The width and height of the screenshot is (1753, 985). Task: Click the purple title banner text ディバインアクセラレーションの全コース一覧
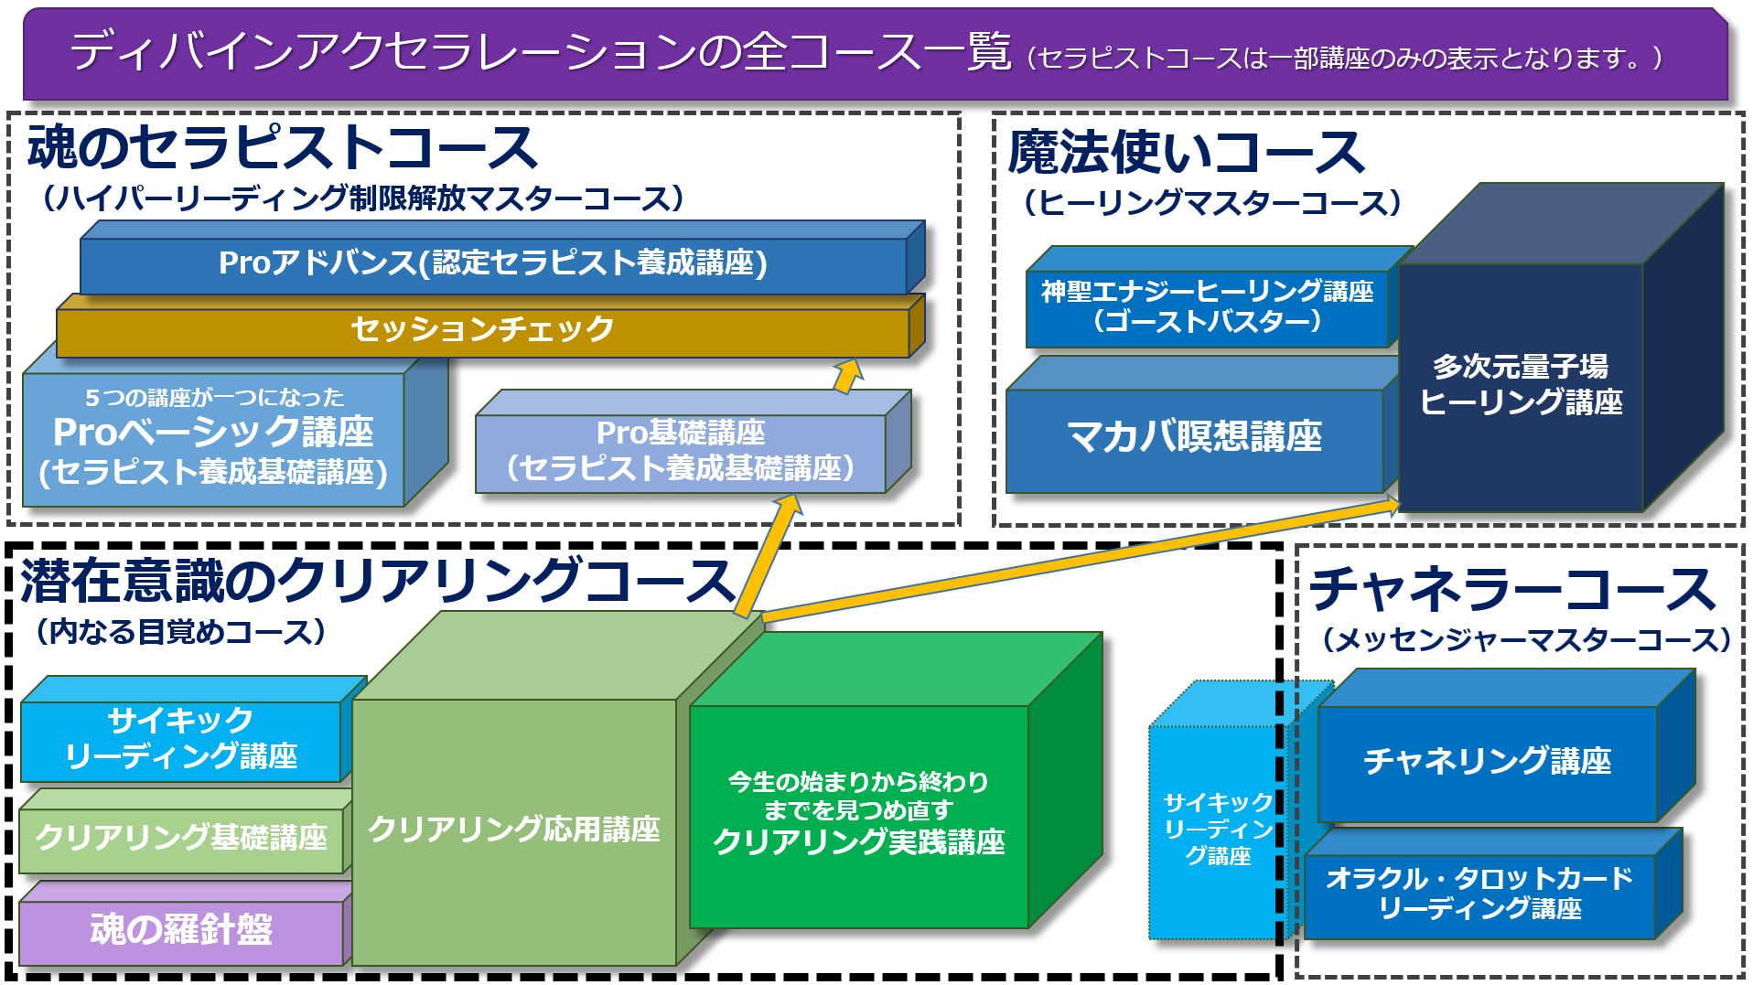(x=541, y=51)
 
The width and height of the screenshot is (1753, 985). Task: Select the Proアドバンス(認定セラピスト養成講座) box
(x=502, y=258)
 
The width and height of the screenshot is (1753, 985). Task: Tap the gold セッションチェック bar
(x=490, y=326)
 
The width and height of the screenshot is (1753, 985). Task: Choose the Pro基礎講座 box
(x=693, y=443)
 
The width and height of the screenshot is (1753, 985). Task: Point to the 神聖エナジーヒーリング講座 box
(x=1217, y=297)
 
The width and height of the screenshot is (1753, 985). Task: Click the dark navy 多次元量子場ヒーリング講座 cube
(x=1561, y=348)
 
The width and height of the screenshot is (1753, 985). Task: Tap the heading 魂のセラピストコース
(x=282, y=147)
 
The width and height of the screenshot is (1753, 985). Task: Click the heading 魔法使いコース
(x=1186, y=152)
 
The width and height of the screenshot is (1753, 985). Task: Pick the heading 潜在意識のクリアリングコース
(x=378, y=580)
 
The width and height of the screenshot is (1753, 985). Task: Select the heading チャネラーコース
(x=1512, y=588)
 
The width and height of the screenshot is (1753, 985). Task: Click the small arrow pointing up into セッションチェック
(x=848, y=376)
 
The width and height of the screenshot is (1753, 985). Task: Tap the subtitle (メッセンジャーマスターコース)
(x=1527, y=639)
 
